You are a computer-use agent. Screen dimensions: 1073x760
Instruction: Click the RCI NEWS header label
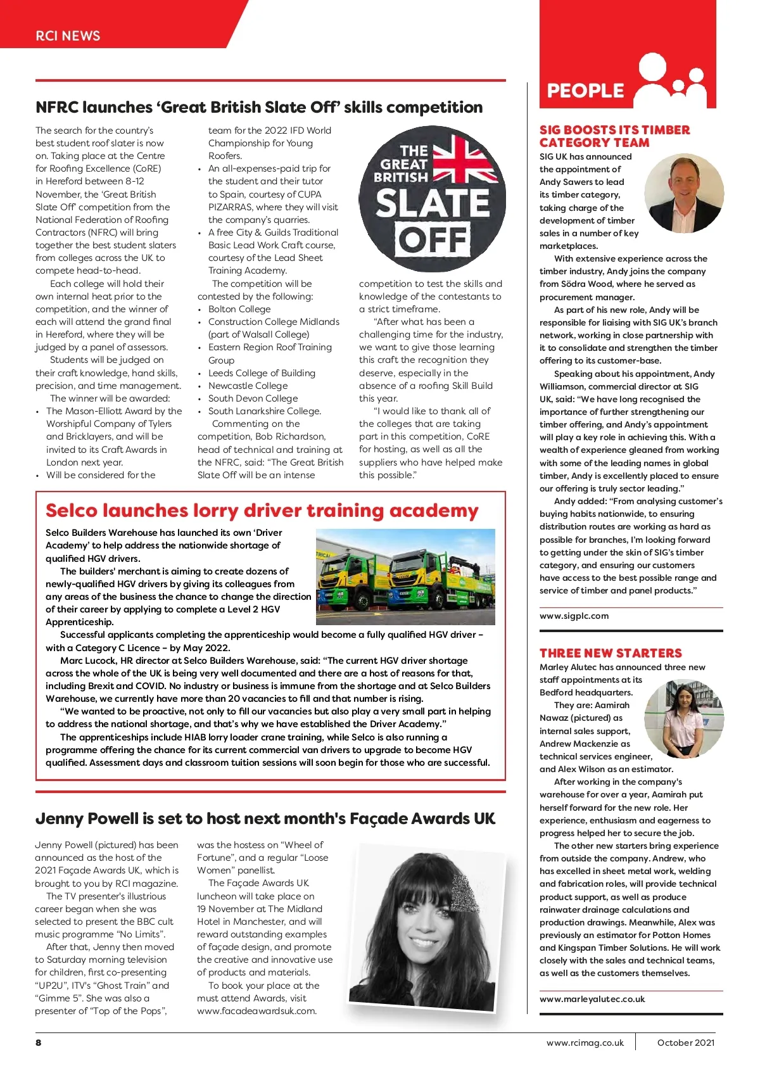(x=68, y=36)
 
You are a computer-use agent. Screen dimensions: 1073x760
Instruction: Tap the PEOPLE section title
(x=585, y=91)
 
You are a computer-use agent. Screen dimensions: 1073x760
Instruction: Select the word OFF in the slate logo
(x=433, y=240)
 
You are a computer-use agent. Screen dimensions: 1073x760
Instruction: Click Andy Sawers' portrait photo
(x=683, y=193)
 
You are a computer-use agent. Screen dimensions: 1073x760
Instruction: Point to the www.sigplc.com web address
(x=574, y=616)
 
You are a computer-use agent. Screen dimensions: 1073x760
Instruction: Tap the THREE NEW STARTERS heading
(x=611, y=653)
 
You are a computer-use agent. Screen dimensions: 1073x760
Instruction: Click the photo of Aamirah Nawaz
(x=683, y=719)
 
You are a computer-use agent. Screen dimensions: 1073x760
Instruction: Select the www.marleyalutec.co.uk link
(x=592, y=999)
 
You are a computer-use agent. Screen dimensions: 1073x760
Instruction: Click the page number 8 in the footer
(x=39, y=1042)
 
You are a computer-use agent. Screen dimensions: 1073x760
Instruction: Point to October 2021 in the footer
(x=686, y=1043)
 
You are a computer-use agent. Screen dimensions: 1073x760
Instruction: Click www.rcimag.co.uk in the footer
(x=585, y=1043)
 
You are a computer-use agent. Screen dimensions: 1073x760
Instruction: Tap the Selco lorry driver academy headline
(x=262, y=511)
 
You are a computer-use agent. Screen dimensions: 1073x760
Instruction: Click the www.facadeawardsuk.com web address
(x=256, y=1011)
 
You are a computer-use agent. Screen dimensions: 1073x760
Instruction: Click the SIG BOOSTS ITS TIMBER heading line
(x=614, y=130)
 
